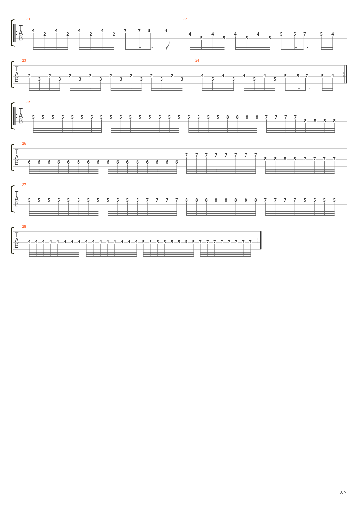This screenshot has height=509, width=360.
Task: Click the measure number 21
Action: click(28, 19)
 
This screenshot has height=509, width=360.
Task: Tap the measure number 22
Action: click(185, 19)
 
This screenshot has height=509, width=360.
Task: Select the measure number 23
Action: click(24, 60)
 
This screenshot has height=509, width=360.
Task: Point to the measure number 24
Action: click(197, 60)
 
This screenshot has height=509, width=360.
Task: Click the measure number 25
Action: click(28, 102)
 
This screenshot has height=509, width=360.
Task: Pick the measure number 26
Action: click(24, 143)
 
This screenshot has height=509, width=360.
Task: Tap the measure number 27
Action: click(24, 185)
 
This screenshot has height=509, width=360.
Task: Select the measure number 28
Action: click(24, 226)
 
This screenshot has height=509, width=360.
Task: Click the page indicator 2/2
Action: click(343, 493)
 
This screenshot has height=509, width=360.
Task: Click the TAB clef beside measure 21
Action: click(21, 33)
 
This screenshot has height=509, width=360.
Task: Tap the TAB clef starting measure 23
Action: click(17, 75)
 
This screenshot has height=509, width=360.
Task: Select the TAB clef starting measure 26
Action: click(17, 158)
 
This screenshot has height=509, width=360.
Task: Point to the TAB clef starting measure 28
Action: click(17, 241)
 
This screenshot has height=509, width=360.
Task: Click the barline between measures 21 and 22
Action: click(183, 33)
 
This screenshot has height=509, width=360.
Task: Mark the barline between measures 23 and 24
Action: click(195, 75)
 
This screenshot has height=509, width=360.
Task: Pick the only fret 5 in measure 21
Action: click(149, 31)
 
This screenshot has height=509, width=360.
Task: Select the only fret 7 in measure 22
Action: click(304, 34)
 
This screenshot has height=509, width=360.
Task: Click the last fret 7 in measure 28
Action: click(250, 242)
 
